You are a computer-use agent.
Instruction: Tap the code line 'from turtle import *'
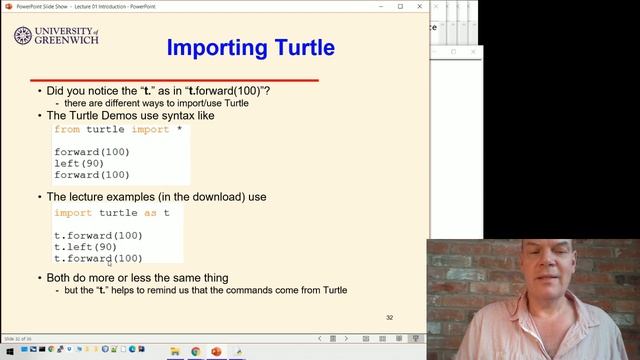pyautogui.click(x=118, y=129)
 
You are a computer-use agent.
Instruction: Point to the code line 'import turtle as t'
pyautogui.click(x=111, y=212)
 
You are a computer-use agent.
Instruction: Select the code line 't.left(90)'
pyautogui.click(x=85, y=247)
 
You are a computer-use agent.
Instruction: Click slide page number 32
pyautogui.click(x=390, y=318)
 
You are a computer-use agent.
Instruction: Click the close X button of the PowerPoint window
pyautogui.click(x=421, y=6)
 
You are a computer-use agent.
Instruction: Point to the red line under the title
pyautogui.click(x=174, y=79)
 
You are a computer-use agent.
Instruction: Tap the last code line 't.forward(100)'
pyautogui.click(x=98, y=259)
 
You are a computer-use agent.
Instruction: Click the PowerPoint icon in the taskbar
pyautogui.click(x=216, y=352)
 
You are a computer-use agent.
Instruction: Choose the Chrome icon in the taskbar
pyautogui.click(x=195, y=352)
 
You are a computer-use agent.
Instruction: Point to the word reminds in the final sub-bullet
pyautogui.click(x=171, y=290)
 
